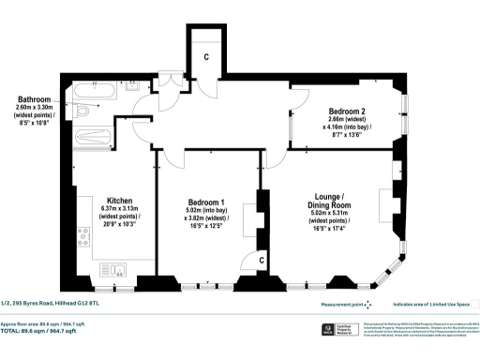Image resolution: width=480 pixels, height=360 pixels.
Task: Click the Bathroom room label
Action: click(x=35, y=98)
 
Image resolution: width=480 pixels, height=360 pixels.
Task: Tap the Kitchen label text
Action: click(x=119, y=200)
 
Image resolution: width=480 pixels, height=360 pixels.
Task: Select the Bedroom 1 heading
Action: click(x=206, y=203)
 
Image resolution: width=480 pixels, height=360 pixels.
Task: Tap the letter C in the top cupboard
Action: click(x=207, y=56)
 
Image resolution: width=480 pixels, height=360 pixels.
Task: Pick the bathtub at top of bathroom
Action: click(x=94, y=93)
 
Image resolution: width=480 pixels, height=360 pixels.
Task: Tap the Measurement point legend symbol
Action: click(x=367, y=303)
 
